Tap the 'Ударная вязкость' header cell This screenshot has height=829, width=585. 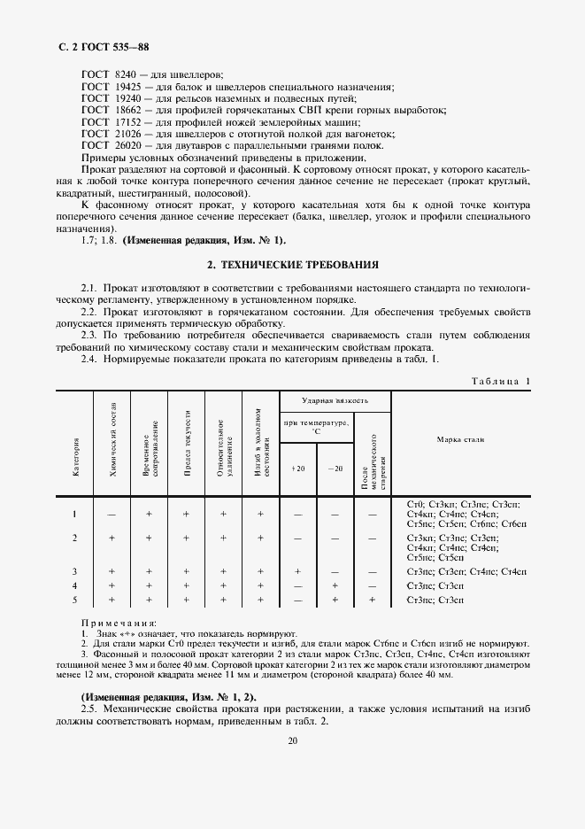(x=335, y=401)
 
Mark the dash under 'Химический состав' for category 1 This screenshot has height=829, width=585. (x=112, y=514)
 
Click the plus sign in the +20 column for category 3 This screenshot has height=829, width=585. (x=297, y=572)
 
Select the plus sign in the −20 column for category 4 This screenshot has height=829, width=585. (x=335, y=586)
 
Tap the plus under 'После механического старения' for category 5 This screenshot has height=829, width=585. (x=372, y=600)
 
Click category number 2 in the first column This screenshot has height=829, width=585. (x=75, y=538)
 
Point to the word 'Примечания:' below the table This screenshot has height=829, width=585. (x=119, y=624)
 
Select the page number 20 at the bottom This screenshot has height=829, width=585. (x=292, y=741)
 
